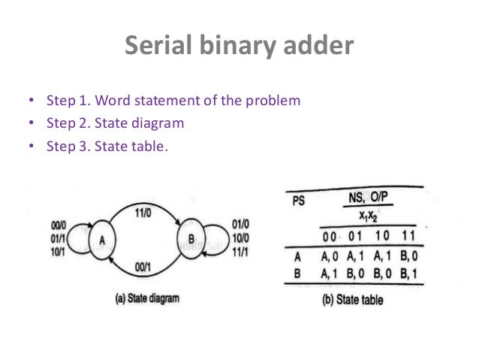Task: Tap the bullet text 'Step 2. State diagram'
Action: [115, 123]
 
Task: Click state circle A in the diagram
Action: [101, 239]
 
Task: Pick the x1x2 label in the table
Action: [368, 216]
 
